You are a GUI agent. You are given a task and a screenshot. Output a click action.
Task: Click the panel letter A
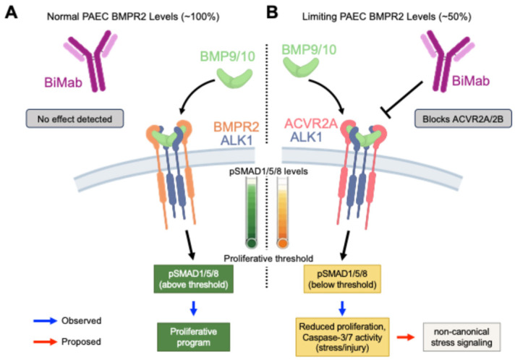pos(11,12)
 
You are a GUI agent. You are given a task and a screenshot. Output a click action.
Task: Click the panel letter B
pos(272,12)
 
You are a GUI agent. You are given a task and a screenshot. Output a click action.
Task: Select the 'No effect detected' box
pos(75,119)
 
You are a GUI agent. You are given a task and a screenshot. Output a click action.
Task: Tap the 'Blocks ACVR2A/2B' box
pos(463,119)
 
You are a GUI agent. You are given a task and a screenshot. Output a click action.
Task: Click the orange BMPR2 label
pos(237,127)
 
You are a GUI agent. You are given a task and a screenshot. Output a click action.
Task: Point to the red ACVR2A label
pos(311,124)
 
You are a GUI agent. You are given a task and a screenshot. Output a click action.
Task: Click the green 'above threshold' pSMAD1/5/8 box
pos(193,278)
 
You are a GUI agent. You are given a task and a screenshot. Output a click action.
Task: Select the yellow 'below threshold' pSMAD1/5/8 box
pos(342,278)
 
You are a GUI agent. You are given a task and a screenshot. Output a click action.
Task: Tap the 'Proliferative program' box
pos(193,337)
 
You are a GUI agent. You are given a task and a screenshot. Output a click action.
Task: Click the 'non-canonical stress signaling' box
pos(461,337)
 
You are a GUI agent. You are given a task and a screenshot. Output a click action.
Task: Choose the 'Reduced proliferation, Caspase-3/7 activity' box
pos(342,337)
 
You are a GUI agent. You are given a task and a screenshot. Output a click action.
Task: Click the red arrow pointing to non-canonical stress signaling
pos(406,337)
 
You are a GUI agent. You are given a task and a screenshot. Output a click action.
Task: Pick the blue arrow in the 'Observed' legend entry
pos(46,321)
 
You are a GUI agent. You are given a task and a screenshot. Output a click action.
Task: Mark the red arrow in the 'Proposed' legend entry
pos(46,342)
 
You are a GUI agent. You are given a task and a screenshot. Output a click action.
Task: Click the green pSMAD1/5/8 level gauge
pos(252,213)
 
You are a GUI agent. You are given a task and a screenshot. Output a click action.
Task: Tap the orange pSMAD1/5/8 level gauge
pos(283,213)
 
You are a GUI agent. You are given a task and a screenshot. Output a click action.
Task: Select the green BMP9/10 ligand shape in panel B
pos(300,67)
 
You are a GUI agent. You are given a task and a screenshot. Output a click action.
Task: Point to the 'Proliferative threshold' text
pos(268,259)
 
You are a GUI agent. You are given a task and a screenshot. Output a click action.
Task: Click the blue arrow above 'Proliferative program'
pos(193,308)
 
